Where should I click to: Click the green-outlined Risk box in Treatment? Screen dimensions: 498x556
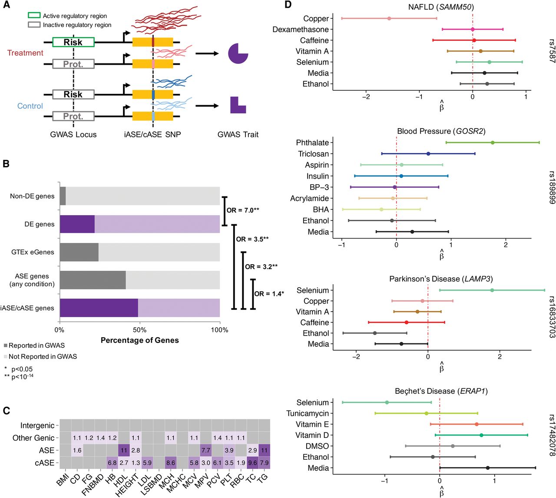[x=73, y=42]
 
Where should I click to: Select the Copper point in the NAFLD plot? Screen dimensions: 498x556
[x=389, y=18]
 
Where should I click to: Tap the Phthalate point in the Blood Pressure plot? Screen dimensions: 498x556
[x=493, y=143]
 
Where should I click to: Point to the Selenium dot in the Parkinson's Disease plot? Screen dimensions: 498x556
[x=492, y=290]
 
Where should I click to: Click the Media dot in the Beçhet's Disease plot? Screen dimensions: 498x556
[x=488, y=468]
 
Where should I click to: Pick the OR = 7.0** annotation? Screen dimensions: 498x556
[x=243, y=210]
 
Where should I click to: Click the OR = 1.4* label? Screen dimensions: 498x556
[x=269, y=294]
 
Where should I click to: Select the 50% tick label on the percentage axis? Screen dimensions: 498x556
[x=140, y=330]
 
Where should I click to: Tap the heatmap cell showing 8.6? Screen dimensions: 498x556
[x=171, y=463]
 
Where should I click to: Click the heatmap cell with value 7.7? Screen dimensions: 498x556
[x=206, y=450]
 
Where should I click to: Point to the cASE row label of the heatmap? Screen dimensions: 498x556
[x=44, y=463]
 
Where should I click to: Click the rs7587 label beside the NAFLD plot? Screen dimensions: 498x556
[x=551, y=51]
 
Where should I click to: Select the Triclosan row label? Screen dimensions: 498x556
[x=313, y=154]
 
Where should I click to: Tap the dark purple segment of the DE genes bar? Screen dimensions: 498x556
[x=77, y=224]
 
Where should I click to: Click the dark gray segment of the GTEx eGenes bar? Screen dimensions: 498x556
[x=79, y=252]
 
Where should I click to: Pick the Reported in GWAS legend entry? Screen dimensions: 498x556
[x=34, y=345]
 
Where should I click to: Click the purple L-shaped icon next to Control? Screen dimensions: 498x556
[x=238, y=105]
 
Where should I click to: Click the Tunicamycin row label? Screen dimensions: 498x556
[x=308, y=413]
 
